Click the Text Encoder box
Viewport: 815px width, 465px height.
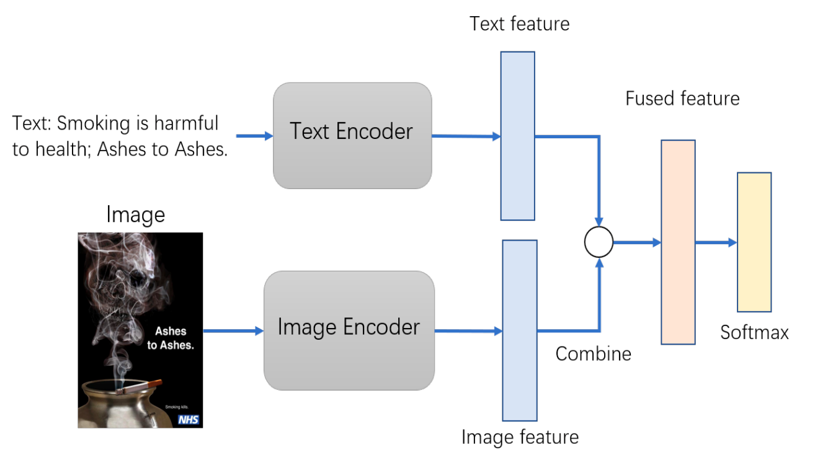[352, 135]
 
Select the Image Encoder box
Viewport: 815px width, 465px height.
[349, 330]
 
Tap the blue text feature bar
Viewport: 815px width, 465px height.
[518, 136]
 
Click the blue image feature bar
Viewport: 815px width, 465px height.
[520, 330]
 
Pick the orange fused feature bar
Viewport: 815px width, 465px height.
[678, 242]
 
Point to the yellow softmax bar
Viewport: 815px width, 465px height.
[754, 242]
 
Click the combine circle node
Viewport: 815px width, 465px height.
[599, 242]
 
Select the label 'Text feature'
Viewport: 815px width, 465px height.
[520, 24]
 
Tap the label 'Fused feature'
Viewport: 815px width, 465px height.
[682, 99]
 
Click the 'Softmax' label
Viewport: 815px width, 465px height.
[754, 333]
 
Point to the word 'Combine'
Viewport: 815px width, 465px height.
[593, 354]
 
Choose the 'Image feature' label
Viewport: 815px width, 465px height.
[520, 437]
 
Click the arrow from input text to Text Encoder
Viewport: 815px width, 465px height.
[254, 136]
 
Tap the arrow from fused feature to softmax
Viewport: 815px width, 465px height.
[716, 242]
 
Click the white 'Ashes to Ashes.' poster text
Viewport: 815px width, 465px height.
[171, 339]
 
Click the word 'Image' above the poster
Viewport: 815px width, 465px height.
[136, 215]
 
